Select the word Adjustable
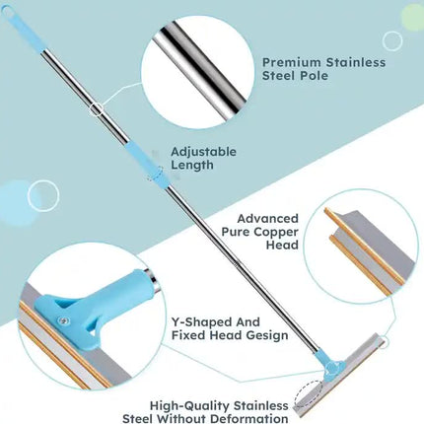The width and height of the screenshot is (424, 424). [203, 152]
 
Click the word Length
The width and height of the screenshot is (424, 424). [192, 165]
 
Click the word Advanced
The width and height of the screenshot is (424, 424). [268, 219]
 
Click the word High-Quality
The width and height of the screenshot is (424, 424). [190, 406]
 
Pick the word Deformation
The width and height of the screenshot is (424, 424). [249, 419]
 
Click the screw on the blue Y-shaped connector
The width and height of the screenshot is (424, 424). [64, 319]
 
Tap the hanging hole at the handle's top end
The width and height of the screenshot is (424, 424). [6, 10]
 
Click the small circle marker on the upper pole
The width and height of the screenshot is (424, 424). [96, 109]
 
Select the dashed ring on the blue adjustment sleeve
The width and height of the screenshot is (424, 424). [156, 174]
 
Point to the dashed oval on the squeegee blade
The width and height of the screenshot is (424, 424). [309, 393]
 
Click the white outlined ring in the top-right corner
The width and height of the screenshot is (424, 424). [392, 41]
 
